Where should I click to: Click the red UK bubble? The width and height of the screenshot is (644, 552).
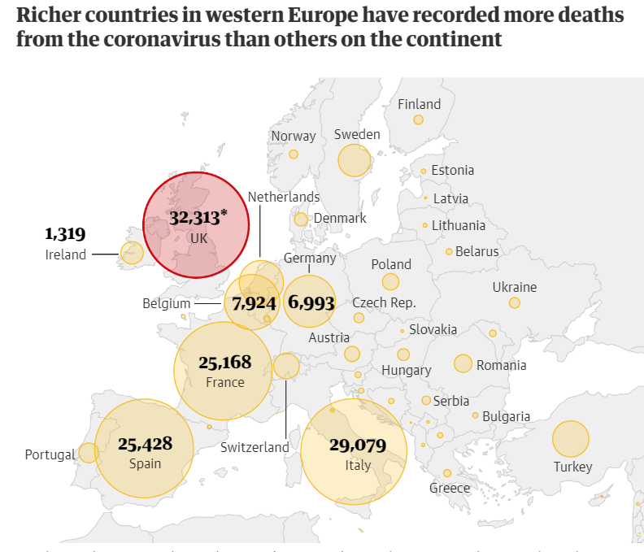[198, 226]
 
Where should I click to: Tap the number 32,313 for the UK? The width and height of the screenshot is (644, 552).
[195, 218]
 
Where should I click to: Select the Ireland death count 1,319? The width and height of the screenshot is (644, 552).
[65, 235]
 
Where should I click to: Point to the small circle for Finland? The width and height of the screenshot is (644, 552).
[418, 120]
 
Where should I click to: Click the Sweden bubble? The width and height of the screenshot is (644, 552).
[355, 160]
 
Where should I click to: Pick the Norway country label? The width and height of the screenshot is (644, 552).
[294, 137]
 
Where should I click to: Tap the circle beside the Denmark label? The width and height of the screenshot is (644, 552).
[301, 219]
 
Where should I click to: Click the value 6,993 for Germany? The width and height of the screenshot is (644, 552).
[311, 302]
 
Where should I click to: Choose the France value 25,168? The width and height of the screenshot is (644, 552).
[225, 362]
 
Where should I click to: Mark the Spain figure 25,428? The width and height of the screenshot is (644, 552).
[145, 444]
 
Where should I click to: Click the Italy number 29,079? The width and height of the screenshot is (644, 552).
[358, 446]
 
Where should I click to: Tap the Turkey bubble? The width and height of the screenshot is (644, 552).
[571, 439]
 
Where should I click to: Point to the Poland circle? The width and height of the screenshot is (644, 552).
[390, 282]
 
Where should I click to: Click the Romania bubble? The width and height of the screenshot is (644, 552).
[463, 363]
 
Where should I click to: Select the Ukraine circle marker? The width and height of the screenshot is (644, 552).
[515, 302]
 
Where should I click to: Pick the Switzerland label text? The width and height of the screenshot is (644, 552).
[255, 447]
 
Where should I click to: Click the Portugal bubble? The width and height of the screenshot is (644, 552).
[88, 453]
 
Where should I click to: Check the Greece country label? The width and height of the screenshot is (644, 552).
[450, 488]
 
